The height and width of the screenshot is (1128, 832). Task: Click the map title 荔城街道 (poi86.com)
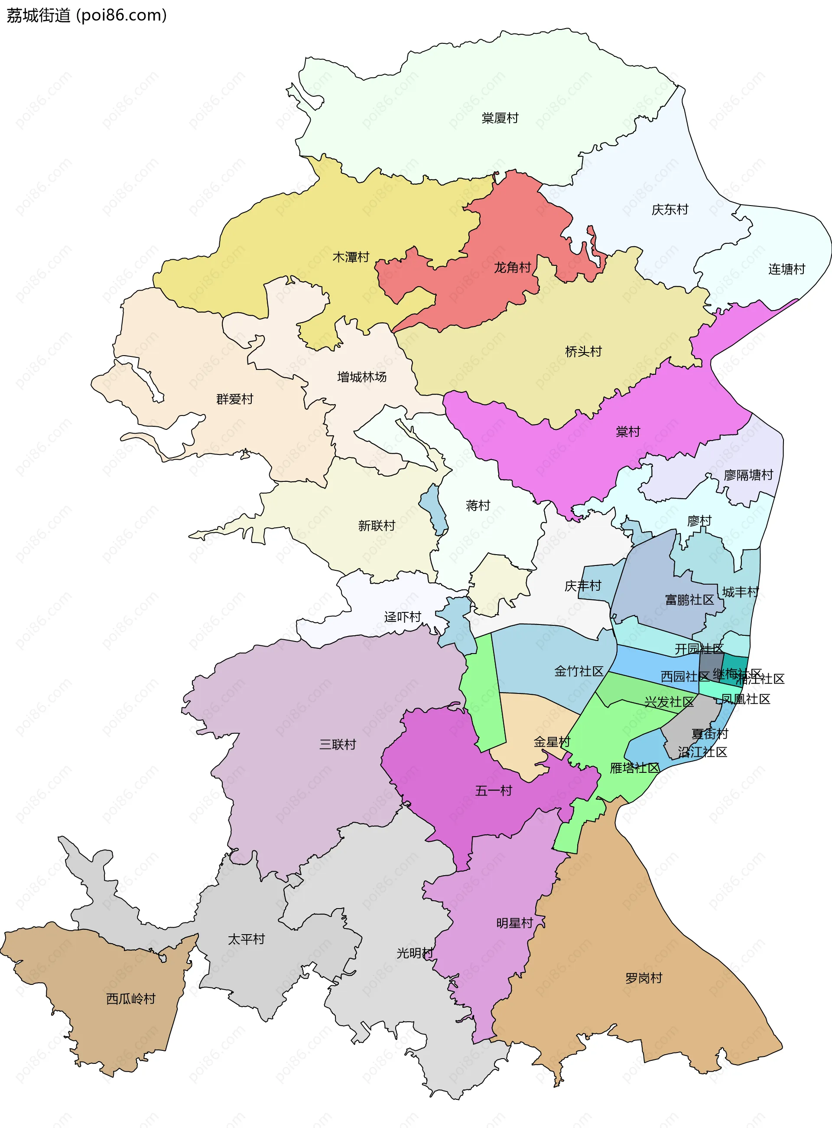(86, 16)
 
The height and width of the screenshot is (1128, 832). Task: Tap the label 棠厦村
(500, 118)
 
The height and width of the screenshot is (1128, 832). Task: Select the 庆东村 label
(669, 209)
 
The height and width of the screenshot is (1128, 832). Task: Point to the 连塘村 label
(786, 269)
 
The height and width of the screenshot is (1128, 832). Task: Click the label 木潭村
(351, 257)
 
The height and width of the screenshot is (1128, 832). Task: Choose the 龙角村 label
(512, 267)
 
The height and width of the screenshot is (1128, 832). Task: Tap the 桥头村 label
(583, 351)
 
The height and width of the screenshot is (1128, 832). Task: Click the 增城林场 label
(361, 377)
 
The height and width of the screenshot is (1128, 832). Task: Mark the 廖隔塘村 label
(748, 475)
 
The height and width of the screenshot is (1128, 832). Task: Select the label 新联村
(376, 526)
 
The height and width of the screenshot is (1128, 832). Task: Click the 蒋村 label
(478, 505)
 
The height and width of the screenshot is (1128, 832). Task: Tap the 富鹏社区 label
(689, 600)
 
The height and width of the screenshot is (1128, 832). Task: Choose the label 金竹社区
(578, 671)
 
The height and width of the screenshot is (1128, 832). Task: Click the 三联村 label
(338, 745)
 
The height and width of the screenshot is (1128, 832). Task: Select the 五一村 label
(493, 791)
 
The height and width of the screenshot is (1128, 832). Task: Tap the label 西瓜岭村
(130, 999)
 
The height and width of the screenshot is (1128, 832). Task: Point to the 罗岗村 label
(643, 978)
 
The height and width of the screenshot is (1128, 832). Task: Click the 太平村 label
(246, 939)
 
